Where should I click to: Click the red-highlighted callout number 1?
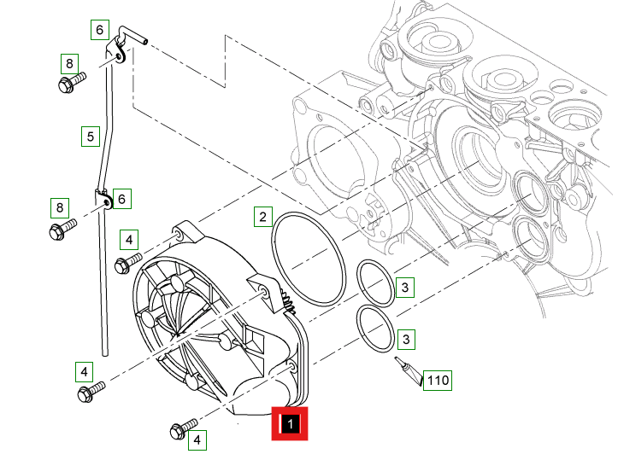point(290,424)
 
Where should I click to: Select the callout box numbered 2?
point(263,217)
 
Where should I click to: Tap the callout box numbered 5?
point(91,137)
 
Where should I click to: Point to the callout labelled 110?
point(438,381)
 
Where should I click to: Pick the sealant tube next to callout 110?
point(408,370)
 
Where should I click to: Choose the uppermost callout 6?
point(100,30)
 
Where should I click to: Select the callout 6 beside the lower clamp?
point(121,199)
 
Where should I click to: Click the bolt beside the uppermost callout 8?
point(71,82)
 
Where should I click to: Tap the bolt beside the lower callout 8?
point(62,230)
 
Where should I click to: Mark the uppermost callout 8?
point(69,64)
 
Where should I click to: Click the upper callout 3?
point(405,288)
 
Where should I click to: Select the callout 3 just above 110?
point(406,339)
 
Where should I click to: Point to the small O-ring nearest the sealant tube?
point(358,330)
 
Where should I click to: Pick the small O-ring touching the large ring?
point(358,282)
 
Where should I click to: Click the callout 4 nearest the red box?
point(197,439)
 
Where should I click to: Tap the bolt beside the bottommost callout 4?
point(183,428)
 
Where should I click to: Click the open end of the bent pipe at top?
point(145,40)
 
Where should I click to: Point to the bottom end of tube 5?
point(105,354)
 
